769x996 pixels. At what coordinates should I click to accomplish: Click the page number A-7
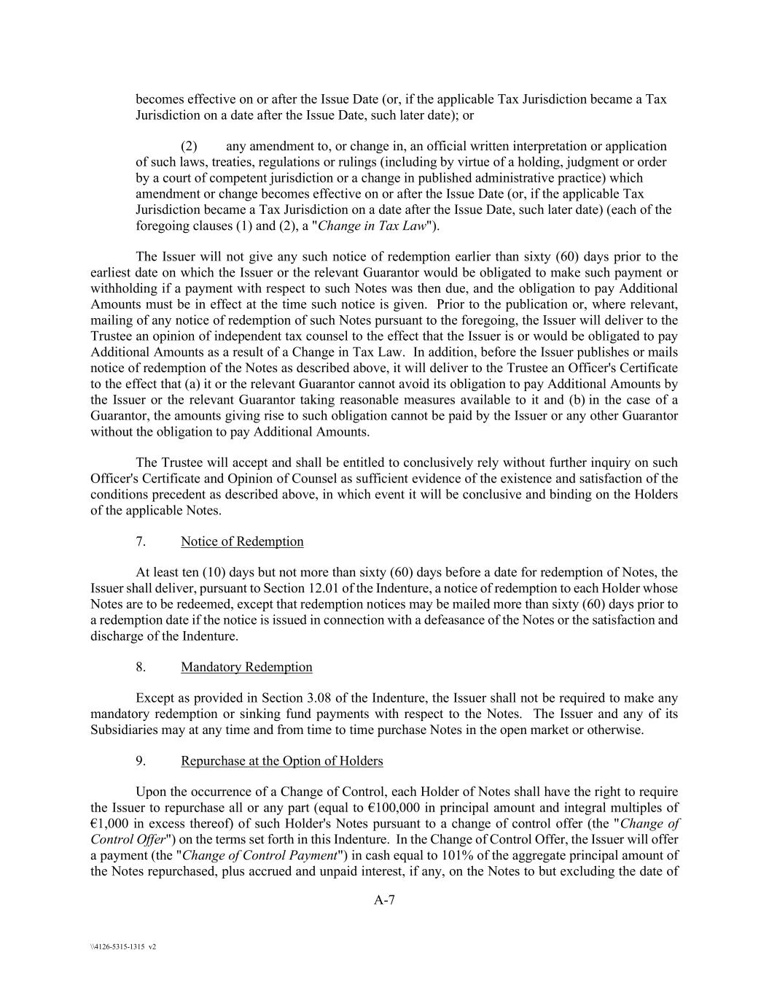384,900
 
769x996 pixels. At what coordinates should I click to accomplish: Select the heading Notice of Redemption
242,541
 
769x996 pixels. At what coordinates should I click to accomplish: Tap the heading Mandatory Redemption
246,667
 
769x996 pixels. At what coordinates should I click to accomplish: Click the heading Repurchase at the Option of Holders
281,761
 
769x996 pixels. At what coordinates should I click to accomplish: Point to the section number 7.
141,541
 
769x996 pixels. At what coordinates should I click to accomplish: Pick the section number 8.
141,667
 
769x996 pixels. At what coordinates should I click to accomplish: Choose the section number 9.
141,761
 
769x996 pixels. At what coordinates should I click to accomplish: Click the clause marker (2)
189,146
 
